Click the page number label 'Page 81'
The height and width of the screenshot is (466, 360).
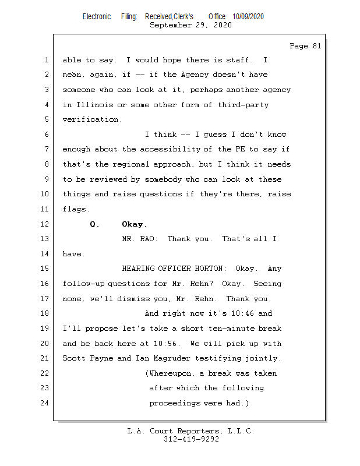pyautogui.click(x=305, y=46)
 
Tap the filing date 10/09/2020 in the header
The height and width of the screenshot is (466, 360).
pyautogui.click(x=248, y=17)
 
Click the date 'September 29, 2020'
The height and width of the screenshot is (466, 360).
pyautogui.click(x=190, y=25)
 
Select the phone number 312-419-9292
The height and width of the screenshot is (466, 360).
pyautogui.click(x=191, y=439)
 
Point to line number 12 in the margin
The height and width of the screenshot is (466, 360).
pyautogui.click(x=44, y=224)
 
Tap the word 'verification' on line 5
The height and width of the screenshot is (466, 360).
pyautogui.click(x=90, y=119)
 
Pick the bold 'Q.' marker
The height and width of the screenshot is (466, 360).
pyautogui.click(x=94, y=224)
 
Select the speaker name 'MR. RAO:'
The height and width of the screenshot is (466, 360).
pyautogui.click(x=140, y=239)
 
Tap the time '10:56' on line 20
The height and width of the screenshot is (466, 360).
pyautogui.click(x=165, y=344)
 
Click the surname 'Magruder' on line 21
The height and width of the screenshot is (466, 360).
pyautogui.click(x=172, y=358)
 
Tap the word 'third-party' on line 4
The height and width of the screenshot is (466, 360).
pyautogui.click(x=243, y=105)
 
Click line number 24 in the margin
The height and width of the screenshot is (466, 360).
pyautogui.click(x=44, y=403)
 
